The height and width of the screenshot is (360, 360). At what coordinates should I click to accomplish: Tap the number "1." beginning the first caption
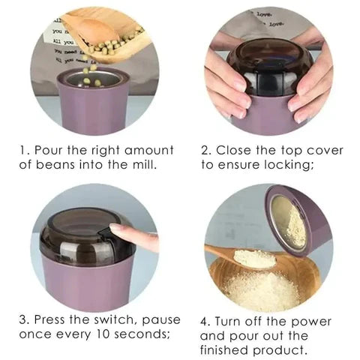(x=24, y=150)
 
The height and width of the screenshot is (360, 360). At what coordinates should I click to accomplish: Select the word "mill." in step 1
(x=142, y=164)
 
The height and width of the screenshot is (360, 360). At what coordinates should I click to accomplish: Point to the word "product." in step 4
(x=283, y=350)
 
